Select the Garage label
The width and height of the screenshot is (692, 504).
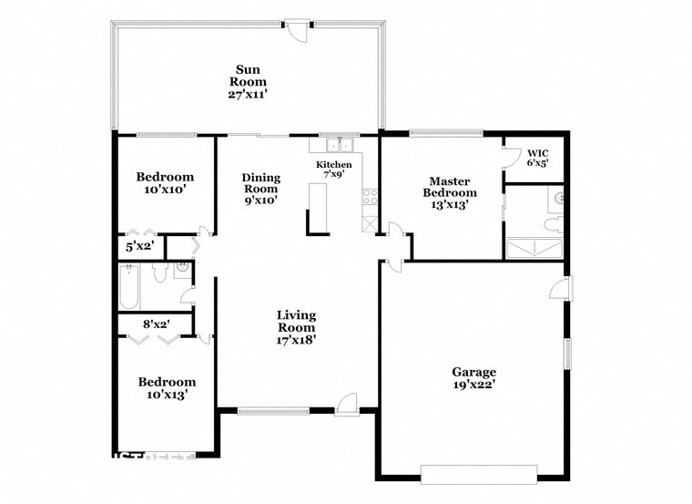(474, 371)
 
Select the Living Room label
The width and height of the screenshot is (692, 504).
(297, 321)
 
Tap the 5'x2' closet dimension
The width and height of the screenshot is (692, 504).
(139, 246)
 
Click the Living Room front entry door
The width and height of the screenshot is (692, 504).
(346, 402)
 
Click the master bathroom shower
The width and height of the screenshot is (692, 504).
(534, 248)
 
